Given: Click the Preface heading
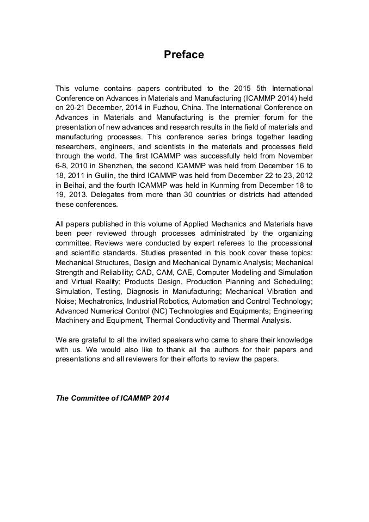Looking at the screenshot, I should point(184,55).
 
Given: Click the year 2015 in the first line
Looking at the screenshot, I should point(243,88).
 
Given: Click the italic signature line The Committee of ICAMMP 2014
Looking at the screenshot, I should point(113,398).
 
